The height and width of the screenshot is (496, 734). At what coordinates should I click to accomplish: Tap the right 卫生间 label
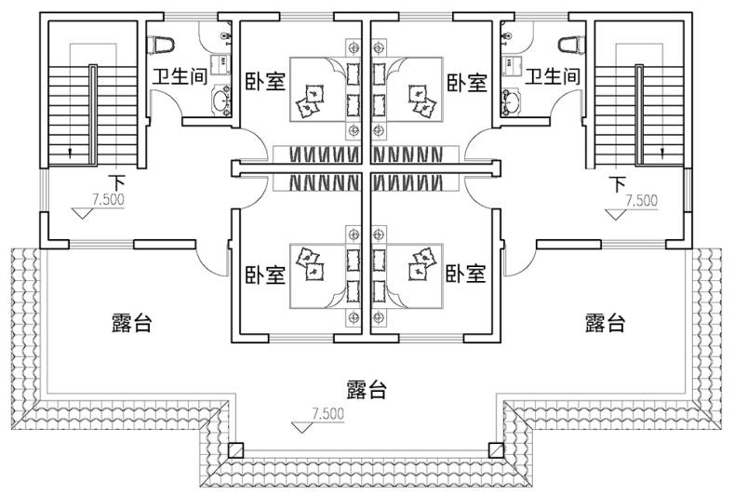pyautogui.click(x=553, y=77)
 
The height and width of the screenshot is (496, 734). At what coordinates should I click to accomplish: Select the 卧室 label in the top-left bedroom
pyautogui.click(x=265, y=82)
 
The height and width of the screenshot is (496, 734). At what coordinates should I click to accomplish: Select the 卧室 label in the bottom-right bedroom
pyautogui.click(x=466, y=275)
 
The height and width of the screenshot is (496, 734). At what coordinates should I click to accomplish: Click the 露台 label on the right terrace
pyautogui.click(x=605, y=325)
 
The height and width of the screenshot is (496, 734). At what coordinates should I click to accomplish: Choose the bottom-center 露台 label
pyautogui.click(x=367, y=390)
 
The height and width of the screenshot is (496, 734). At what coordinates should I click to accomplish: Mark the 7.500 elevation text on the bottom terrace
pyautogui.click(x=327, y=413)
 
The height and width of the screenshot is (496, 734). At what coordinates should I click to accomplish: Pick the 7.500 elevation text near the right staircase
pyautogui.click(x=641, y=199)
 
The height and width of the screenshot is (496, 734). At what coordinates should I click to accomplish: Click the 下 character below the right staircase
pyautogui.click(x=617, y=181)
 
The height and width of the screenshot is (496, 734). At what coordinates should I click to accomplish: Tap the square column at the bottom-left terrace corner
pyautogui.click(x=236, y=450)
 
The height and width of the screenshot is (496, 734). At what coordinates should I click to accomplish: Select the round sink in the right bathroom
pyautogui.click(x=511, y=99)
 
